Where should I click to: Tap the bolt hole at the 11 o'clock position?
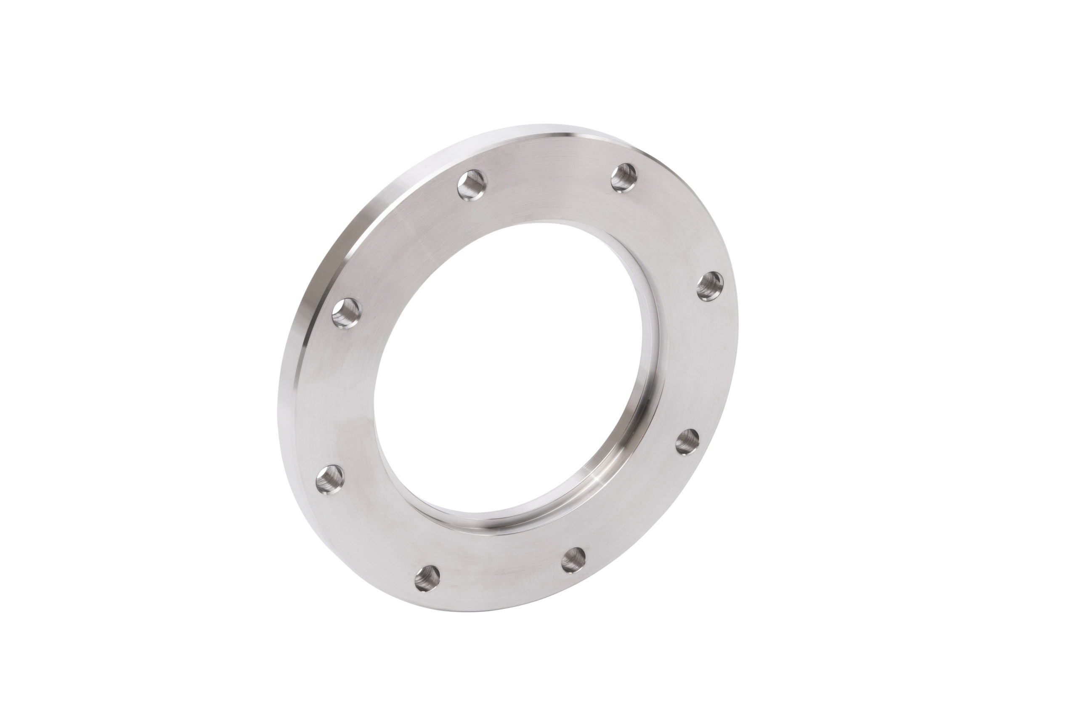tap(472, 185)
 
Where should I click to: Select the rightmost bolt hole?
tap(710, 286)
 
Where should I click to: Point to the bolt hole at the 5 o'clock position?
tap(573, 559)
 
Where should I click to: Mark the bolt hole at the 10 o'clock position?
tap(345, 312)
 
